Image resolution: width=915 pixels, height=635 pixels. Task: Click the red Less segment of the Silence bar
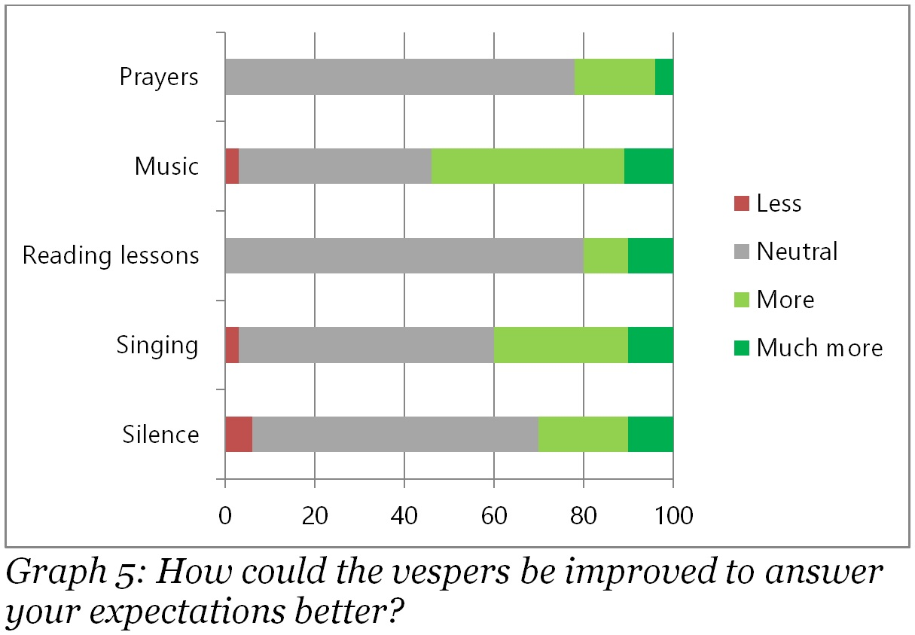click(x=239, y=435)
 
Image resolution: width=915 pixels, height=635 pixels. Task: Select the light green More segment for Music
click(x=528, y=166)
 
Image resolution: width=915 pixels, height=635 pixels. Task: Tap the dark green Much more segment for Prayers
click(x=664, y=77)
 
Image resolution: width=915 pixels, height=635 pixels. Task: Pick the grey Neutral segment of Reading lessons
click(x=404, y=255)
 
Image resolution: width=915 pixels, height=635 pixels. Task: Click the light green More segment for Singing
click(x=561, y=345)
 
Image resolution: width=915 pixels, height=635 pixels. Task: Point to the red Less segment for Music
click(x=232, y=166)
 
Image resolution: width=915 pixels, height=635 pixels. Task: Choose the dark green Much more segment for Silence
click(x=651, y=435)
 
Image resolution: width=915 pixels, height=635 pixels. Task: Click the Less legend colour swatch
click(x=742, y=203)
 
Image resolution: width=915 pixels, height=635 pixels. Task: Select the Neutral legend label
click(x=797, y=251)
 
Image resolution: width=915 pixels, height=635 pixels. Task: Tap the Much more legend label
click(x=819, y=347)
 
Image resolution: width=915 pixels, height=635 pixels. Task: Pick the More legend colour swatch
click(x=742, y=300)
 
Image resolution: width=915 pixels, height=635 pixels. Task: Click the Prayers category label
click(x=159, y=77)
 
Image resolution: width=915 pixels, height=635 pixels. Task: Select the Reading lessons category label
click(x=111, y=255)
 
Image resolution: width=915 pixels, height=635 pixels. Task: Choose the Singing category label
click(x=157, y=345)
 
